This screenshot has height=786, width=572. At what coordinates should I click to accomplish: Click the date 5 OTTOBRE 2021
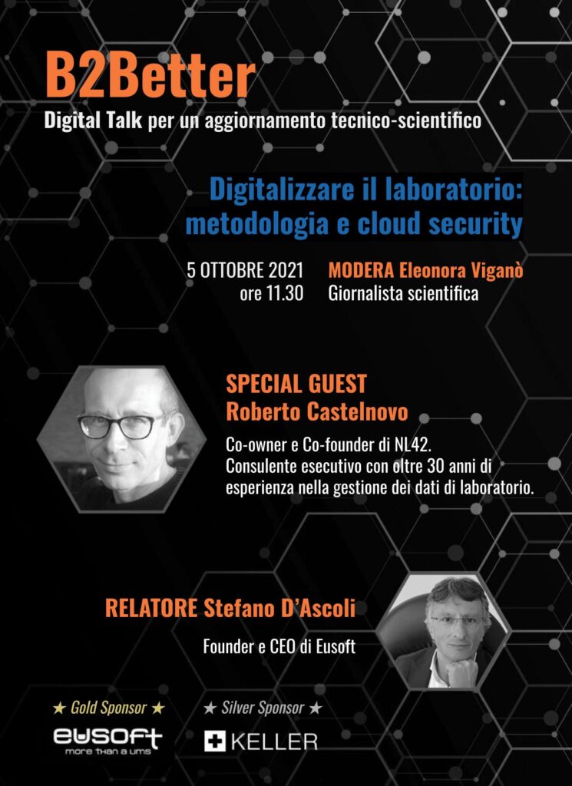(x=245, y=270)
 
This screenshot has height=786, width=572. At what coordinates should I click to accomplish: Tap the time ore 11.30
(x=271, y=293)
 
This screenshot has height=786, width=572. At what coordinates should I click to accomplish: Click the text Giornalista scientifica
(x=403, y=293)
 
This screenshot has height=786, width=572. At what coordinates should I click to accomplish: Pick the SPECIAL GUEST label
(x=296, y=384)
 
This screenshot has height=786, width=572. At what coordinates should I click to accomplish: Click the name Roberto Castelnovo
(x=316, y=411)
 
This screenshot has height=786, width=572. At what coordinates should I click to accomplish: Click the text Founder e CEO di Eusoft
(x=279, y=647)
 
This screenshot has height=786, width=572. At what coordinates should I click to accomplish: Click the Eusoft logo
(x=107, y=739)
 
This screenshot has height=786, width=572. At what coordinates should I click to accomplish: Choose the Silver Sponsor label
(x=262, y=707)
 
